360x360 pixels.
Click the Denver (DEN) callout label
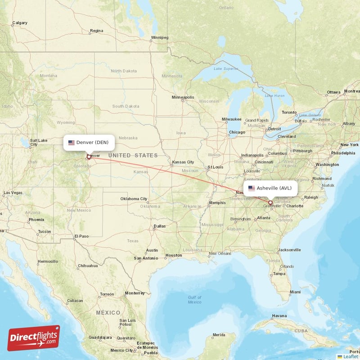point(89,143)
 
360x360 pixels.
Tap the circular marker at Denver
point(89,157)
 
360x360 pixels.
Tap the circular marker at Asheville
point(270,202)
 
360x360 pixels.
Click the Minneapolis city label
point(183,97)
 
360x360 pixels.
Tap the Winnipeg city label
point(159,37)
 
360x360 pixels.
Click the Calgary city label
point(20,22)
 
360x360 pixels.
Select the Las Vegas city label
point(13,193)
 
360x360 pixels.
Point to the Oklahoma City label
point(134,199)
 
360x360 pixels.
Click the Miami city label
point(295,292)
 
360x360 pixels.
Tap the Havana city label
point(279,315)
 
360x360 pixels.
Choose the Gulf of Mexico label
point(194,299)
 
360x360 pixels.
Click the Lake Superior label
point(225,68)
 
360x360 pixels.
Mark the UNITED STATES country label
point(133,156)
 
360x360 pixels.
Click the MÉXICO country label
point(108,312)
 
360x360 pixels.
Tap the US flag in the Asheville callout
point(252,189)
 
